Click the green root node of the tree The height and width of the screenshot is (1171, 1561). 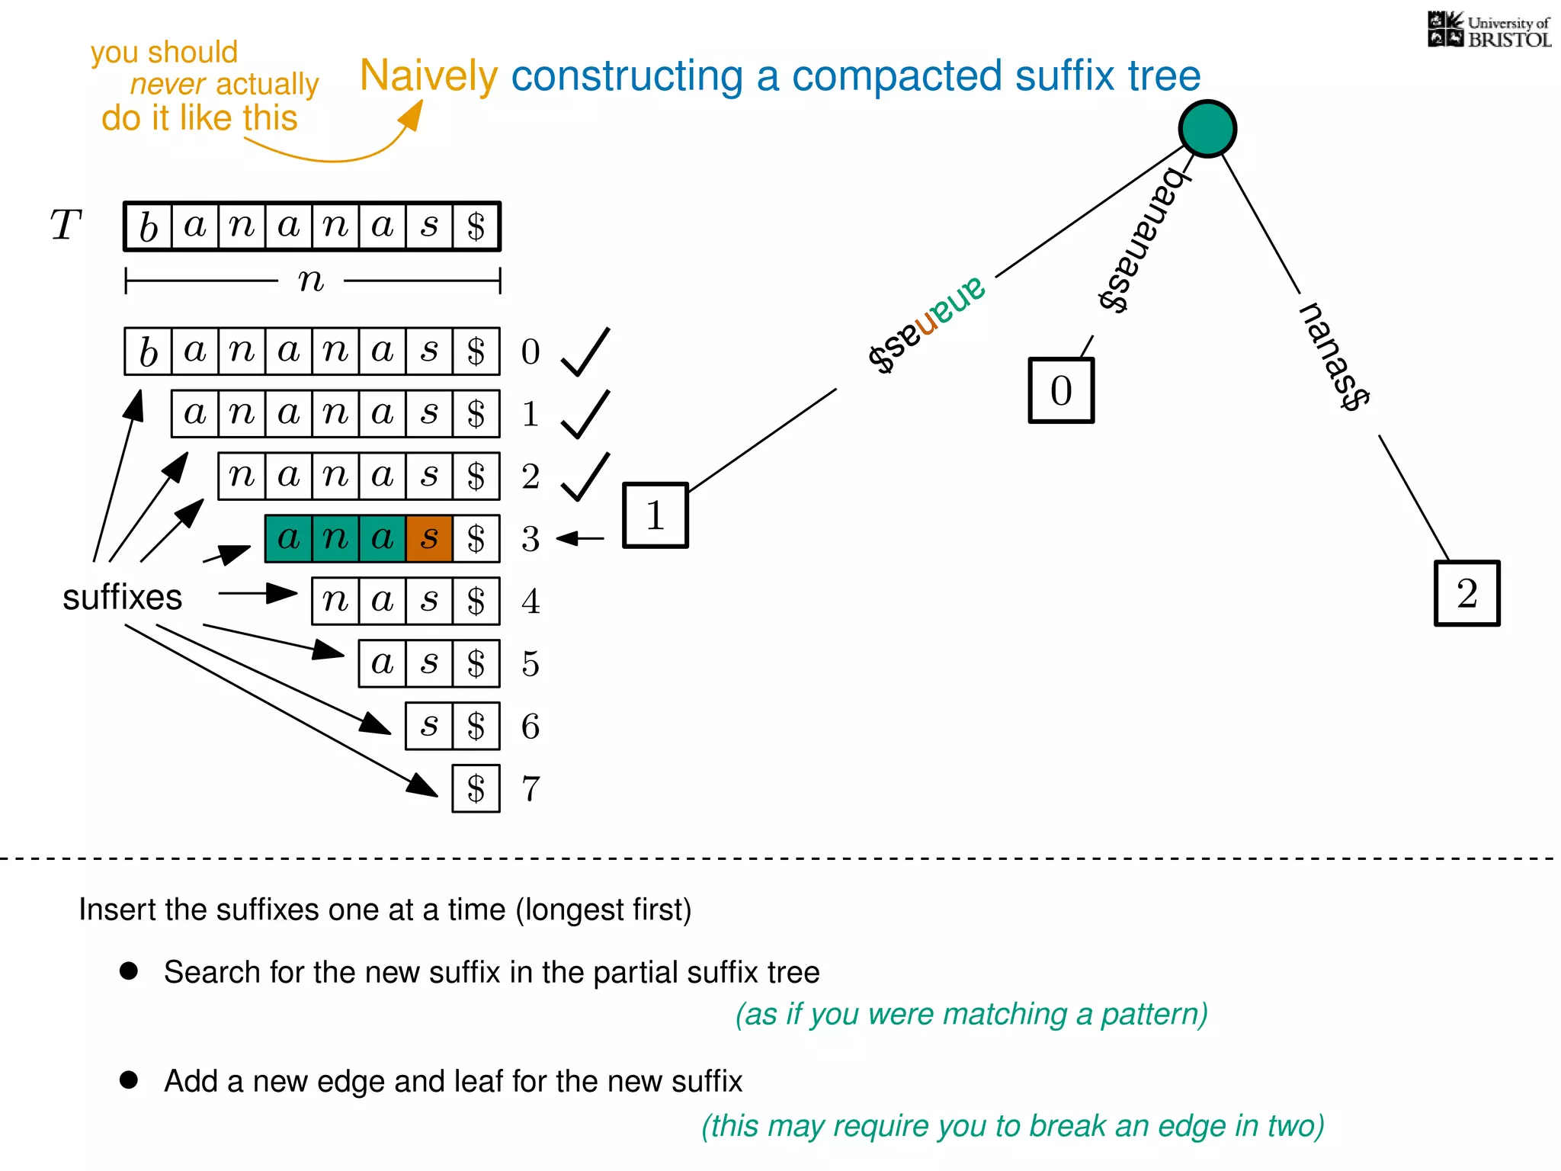click(1207, 129)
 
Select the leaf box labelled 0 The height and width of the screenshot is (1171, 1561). click(1061, 390)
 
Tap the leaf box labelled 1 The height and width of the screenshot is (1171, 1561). click(655, 515)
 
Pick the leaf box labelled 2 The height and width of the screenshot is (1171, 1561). click(1466, 593)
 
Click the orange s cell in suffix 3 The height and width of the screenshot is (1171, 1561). click(429, 538)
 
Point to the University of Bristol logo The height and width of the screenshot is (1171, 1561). click(1489, 30)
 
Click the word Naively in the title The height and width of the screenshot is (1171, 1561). click(428, 76)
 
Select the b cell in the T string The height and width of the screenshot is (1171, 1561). click(149, 226)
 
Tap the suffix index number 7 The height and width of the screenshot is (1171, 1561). click(530, 788)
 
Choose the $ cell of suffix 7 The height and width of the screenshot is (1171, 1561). click(476, 788)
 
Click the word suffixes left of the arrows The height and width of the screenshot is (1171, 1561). click(122, 597)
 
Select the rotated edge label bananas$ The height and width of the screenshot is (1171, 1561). click(1143, 240)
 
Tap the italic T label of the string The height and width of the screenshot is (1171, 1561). click(66, 226)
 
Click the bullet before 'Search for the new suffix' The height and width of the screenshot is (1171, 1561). click(129, 970)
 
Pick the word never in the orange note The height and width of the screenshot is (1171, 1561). click(168, 85)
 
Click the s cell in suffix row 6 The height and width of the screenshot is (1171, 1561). click(429, 726)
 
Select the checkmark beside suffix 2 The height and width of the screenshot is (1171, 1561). click(585, 476)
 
